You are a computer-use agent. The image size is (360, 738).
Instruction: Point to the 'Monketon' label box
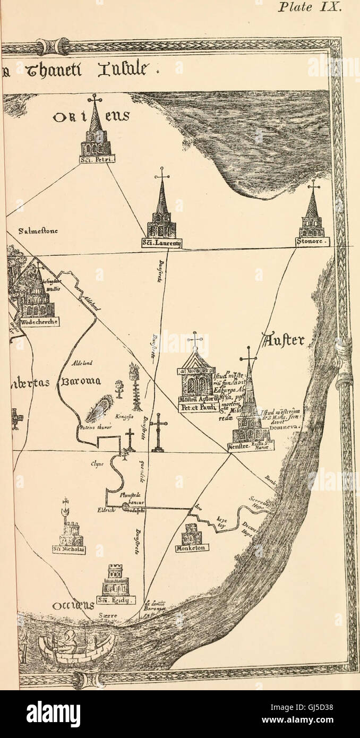tap(192, 547)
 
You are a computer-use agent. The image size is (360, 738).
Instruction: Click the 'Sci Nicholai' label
tap(70, 550)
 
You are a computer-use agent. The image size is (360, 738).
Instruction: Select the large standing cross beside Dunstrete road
tap(158, 432)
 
